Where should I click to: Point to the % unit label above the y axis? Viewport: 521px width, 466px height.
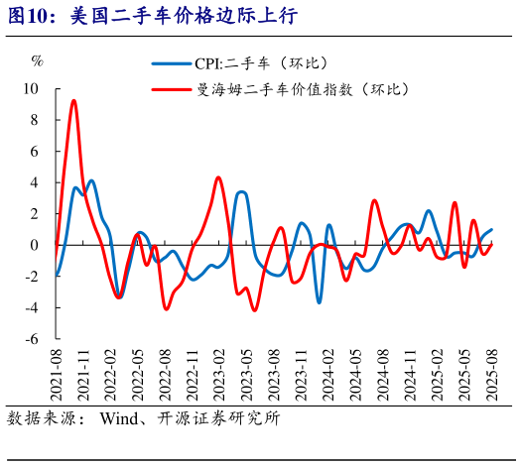point(38,61)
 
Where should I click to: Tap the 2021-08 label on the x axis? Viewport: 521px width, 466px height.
point(56,374)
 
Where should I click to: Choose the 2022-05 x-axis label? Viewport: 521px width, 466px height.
point(138,374)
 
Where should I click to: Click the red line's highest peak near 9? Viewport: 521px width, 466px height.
point(73,100)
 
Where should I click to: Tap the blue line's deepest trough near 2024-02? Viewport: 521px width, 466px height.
point(320,302)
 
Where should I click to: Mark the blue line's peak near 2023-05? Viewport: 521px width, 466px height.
point(242,191)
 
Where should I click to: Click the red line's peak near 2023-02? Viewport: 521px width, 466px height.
point(218,177)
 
